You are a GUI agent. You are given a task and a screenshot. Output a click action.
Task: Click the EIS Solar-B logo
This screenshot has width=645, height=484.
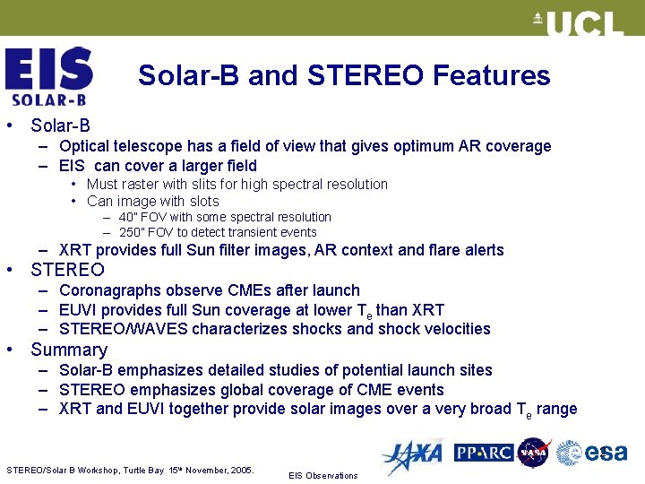click(48, 77)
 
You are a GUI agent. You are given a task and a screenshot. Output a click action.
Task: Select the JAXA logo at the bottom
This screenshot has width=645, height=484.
click(411, 456)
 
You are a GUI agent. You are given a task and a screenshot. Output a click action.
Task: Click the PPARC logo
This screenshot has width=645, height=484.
click(483, 453)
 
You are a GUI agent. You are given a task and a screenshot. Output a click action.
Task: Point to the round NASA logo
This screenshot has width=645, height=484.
click(534, 453)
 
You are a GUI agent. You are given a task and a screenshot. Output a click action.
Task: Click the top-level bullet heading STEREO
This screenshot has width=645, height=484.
click(67, 270)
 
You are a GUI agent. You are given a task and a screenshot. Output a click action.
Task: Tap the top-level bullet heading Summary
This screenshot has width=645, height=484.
click(69, 350)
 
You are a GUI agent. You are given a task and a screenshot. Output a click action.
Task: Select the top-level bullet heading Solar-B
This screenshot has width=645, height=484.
click(60, 126)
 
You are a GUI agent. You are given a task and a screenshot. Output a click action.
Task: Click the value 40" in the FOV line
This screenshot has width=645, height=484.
click(129, 218)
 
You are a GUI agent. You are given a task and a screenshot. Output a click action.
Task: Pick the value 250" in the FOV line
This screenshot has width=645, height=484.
click(132, 232)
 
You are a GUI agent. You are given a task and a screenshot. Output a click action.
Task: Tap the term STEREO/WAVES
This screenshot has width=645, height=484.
click(124, 329)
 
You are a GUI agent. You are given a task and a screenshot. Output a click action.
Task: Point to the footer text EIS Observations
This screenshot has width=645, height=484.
click(322, 475)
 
